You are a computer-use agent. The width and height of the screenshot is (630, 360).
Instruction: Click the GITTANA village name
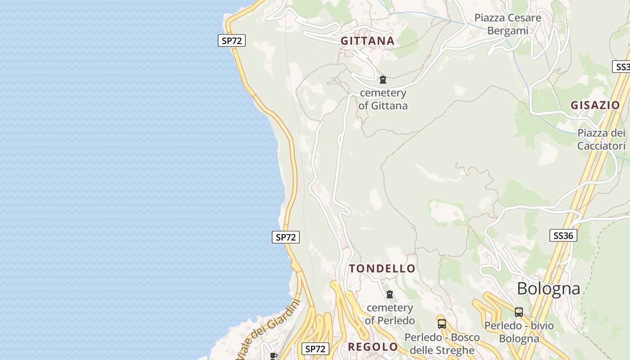click(x=367, y=41)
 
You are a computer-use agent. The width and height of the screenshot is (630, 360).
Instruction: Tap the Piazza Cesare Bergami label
click(x=508, y=24)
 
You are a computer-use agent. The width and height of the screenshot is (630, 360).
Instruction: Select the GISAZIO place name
click(x=595, y=105)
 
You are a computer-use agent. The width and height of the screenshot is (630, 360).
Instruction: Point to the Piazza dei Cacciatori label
click(x=601, y=139)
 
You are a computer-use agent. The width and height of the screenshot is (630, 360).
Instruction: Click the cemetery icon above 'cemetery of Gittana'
click(x=383, y=80)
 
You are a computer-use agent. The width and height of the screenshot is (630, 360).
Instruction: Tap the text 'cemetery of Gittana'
click(x=383, y=99)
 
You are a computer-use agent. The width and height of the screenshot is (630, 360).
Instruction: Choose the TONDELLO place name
click(x=382, y=269)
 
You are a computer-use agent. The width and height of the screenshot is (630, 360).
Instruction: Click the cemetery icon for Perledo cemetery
click(x=390, y=294)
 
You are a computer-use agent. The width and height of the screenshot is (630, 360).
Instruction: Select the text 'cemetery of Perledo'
click(x=390, y=314)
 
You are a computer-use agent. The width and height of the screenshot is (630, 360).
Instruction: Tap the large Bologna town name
click(x=548, y=288)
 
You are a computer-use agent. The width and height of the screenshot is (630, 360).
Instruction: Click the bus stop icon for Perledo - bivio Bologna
click(x=519, y=312)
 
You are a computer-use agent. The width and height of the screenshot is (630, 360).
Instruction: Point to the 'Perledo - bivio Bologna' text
click(x=519, y=332)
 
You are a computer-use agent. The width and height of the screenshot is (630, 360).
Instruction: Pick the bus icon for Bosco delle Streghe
click(x=442, y=324)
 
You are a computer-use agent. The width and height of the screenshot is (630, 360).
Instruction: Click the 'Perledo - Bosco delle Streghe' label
click(x=442, y=343)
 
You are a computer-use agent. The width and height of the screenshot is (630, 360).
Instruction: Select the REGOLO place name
click(x=373, y=347)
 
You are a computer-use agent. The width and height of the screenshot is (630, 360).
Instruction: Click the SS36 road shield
click(x=563, y=235)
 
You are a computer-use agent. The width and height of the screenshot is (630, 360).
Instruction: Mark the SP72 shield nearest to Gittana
click(x=232, y=40)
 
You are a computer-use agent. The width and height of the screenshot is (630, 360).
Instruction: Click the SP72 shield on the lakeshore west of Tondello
click(x=285, y=237)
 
